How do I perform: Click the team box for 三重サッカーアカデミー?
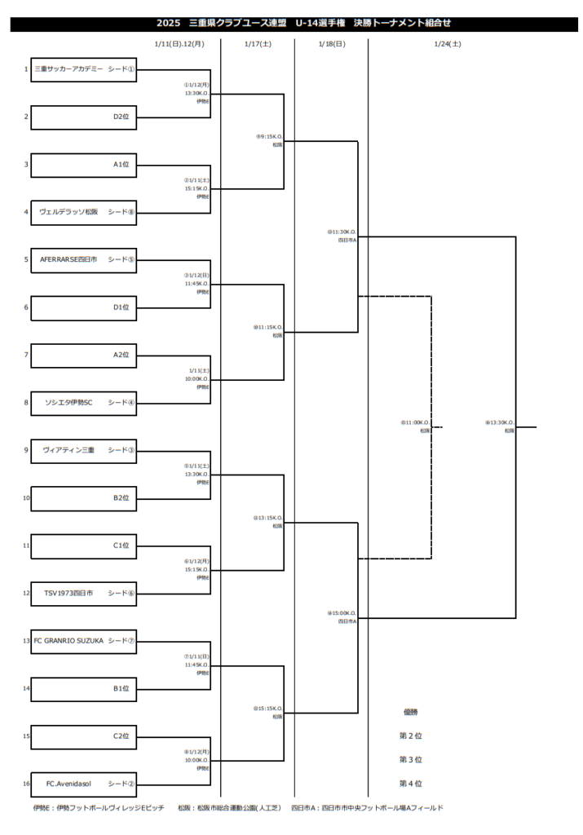[84, 69]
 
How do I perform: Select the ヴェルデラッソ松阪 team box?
[84, 212]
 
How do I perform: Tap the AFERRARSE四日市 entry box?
[84, 259]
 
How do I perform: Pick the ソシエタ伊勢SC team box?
[84, 402]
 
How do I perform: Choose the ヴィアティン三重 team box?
[84, 450]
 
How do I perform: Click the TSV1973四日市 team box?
[84, 593]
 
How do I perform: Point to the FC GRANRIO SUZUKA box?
[84, 641]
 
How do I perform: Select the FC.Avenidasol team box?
[84, 784]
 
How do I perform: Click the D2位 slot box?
[84, 117]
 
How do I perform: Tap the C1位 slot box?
[84, 546]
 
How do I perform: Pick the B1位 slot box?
[84, 688]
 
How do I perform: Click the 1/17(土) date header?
[257, 44]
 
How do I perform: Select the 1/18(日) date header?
[331, 44]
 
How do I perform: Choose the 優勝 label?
[410, 712]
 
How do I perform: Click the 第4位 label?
[410, 784]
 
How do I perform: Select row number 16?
[26, 784]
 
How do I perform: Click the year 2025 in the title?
[168, 24]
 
